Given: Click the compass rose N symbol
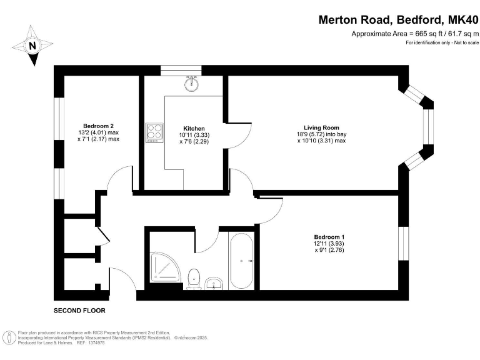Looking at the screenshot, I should [x=33, y=46].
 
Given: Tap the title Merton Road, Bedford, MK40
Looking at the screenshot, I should [x=399, y=19].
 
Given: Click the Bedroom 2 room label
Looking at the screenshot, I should [x=97, y=126].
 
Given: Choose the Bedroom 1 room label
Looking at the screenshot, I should [x=329, y=237].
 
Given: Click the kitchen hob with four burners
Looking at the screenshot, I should [x=154, y=132].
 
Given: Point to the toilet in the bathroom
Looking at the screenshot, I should [x=194, y=277].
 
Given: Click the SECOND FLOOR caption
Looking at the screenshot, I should [x=79, y=311].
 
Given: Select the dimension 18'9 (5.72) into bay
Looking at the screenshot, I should [x=321, y=134].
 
